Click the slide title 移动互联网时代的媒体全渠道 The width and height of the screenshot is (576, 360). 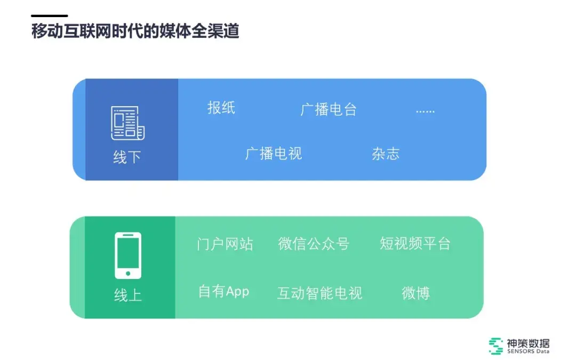(x=135, y=31)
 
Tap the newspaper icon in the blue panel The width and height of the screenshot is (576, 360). (x=127, y=123)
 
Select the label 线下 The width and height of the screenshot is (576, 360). (x=127, y=157)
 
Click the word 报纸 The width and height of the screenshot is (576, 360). (x=221, y=108)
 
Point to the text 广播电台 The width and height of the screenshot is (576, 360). (x=329, y=110)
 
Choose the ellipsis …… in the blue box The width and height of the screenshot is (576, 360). (x=425, y=111)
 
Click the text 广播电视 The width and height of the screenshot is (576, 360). (x=274, y=154)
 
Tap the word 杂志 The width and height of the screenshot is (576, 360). (x=385, y=154)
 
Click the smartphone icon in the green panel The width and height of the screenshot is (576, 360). (x=128, y=255)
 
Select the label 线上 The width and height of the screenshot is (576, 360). (x=128, y=295)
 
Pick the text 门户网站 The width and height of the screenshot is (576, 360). (x=225, y=244)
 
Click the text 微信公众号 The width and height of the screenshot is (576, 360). (x=314, y=244)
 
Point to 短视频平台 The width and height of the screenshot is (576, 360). (x=415, y=244)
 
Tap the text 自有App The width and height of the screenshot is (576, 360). (x=223, y=292)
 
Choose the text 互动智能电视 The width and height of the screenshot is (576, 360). (x=319, y=293)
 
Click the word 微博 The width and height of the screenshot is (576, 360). (x=415, y=293)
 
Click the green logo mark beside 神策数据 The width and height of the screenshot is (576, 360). (x=496, y=346)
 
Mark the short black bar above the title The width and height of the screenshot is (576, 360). (x=50, y=15)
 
